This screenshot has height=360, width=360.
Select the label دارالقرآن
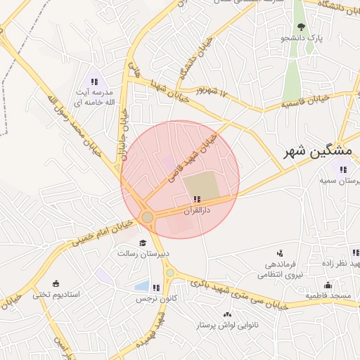click(x=197, y=210)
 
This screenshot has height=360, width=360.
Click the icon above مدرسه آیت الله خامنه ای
click(x=94, y=82)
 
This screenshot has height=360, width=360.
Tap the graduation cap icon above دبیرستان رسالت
click(x=143, y=243)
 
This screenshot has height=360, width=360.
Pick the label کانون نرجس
click(x=154, y=298)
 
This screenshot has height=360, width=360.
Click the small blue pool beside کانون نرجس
click(x=141, y=287)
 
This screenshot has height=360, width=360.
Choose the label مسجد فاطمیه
click(x=328, y=296)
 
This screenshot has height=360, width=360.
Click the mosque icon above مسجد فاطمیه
click(x=328, y=285)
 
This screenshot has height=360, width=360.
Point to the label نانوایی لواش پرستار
click(x=227, y=326)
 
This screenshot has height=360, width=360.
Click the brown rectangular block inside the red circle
click(x=201, y=186)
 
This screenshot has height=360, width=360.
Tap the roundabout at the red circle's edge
click(x=148, y=217)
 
